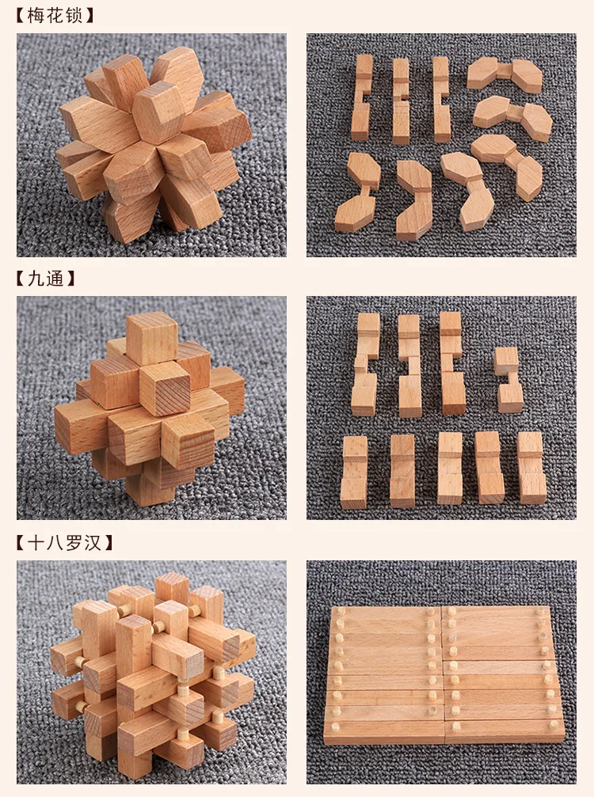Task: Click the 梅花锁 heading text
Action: pyautogui.click(x=55, y=15)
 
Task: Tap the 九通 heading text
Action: pyautogui.click(x=45, y=279)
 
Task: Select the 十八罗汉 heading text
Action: pyautogui.click(x=64, y=542)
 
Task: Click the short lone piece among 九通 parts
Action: pyautogui.click(x=508, y=379)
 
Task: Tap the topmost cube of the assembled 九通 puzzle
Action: pyautogui.click(x=151, y=337)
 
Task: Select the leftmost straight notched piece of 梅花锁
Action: pyautogui.click(x=362, y=97)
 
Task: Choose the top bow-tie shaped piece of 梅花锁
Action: pyautogui.click(x=505, y=74)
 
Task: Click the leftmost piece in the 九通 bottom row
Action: pyautogui.click(x=355, y=472)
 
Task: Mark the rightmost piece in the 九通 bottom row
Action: pyautogui.click(x=531, y=467)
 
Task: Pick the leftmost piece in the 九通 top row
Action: pyautogui.click(x=366, y=364)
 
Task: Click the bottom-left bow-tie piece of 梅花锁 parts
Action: pyautogui.click(x=357, y=192)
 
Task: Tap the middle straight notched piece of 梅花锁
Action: pyautogui.click(x=401, y=101)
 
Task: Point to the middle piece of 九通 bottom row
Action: pyautogui.click(x=450, y=468)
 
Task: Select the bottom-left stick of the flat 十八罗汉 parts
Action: pyautogui.click(x=384, y=732)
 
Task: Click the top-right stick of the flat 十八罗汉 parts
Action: pyautogui.click(x=495, y=613)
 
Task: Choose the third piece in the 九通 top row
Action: pyautogui.click(x=452, y=363)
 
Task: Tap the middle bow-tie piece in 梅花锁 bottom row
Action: pyautogui.click(x=414, y=199)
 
